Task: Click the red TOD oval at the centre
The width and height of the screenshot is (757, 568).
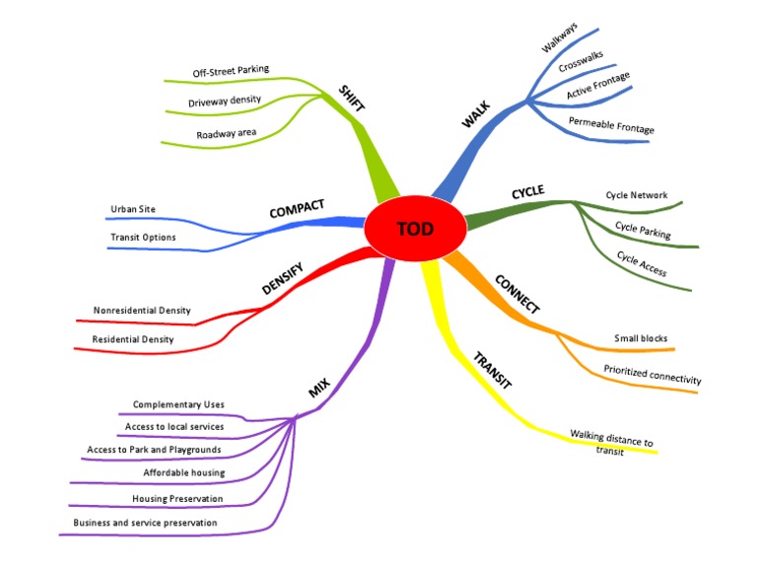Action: tap(415, 230)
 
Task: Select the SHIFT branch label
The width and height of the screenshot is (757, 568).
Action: tap(349, 103)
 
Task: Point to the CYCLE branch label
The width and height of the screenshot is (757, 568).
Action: tap(527, 192)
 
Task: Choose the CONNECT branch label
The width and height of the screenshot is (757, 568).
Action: tap(516, 295)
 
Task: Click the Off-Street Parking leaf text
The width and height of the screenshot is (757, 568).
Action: tap(231, 71)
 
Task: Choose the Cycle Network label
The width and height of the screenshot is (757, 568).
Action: tap(636, 195)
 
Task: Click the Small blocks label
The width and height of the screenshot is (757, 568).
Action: tap(641, 338)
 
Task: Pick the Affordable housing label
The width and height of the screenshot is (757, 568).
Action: tap(184, 472)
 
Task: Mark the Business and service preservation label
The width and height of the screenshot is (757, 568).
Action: tap(145, 522)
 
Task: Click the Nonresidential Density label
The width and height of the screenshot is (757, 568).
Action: tap(142, 311)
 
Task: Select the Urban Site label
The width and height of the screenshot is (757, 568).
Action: tap(134, 208)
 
